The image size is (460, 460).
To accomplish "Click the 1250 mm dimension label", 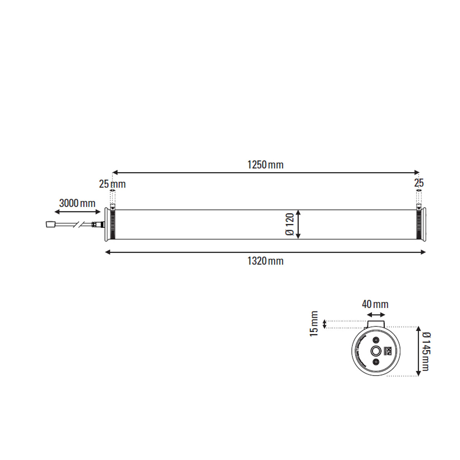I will click(265, 165).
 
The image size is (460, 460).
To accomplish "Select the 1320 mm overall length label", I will click(265, 261).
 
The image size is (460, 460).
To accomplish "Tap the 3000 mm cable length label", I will click(77, 203).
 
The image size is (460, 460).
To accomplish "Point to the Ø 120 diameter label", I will click(290, 225).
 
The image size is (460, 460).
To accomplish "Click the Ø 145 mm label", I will click(425, 351).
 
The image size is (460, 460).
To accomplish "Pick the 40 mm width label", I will click(375, 304).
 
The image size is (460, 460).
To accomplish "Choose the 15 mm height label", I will click(314, 324).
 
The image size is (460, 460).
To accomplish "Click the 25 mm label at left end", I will click(112, 184).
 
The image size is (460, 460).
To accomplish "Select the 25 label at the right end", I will click(419, 183).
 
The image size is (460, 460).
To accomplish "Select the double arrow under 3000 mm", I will click(75, 212).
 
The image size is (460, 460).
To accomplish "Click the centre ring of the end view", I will click(376, 351).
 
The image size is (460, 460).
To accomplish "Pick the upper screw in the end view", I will click(376, 340).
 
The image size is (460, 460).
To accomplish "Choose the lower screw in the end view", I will click(376, 362).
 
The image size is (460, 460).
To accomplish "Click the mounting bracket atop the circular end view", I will click(375, 324).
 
